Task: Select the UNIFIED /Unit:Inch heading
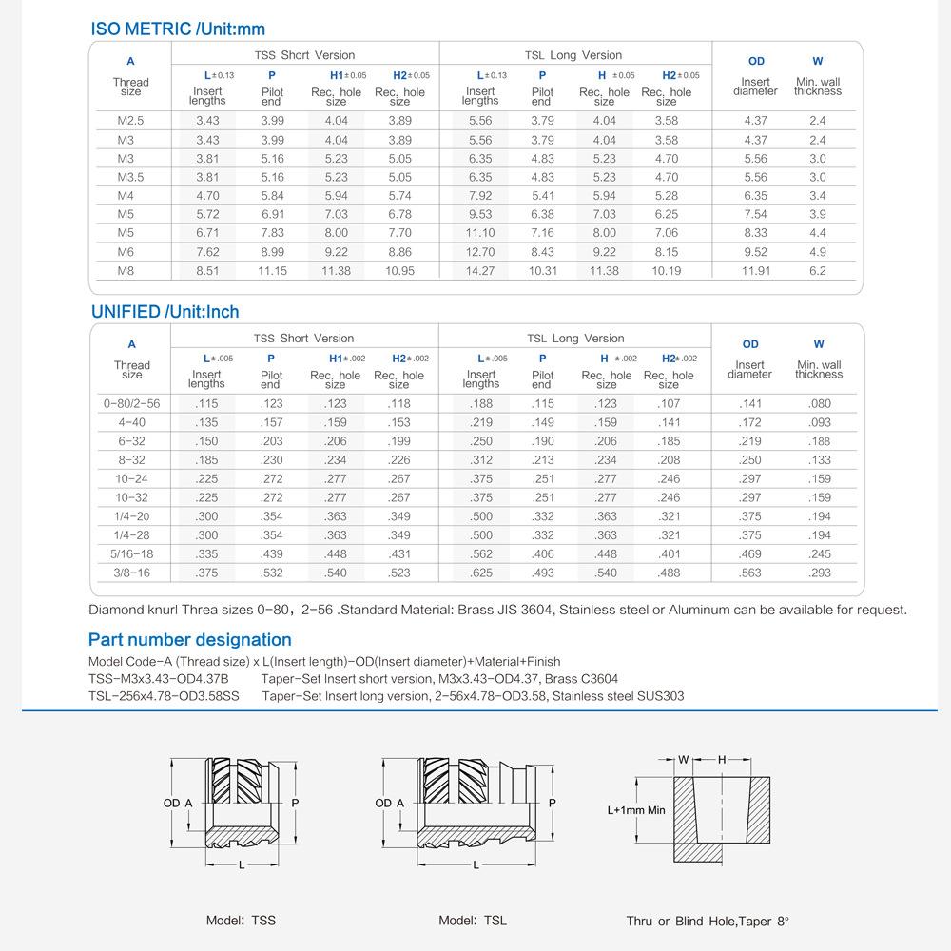point(165,312)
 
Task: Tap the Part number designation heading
point(189,640)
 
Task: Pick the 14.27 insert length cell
point(480,271)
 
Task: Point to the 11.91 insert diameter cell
point(755,271)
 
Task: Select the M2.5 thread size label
point(130,121)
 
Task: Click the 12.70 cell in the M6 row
point(480,252)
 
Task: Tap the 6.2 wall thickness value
point(818,271)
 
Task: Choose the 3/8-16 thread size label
point(132,573)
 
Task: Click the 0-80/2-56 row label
point(132,403)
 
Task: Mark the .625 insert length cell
point(481,573)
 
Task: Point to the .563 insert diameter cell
point(750,573)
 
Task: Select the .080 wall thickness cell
point(819,403)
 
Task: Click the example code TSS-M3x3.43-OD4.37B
point(158,679)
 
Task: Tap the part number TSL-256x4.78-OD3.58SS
point(164,696)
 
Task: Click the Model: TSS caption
point(241,921)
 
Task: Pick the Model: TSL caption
point(473,921)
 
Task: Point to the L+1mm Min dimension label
point(636,811)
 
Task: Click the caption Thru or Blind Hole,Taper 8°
point(708,921)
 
